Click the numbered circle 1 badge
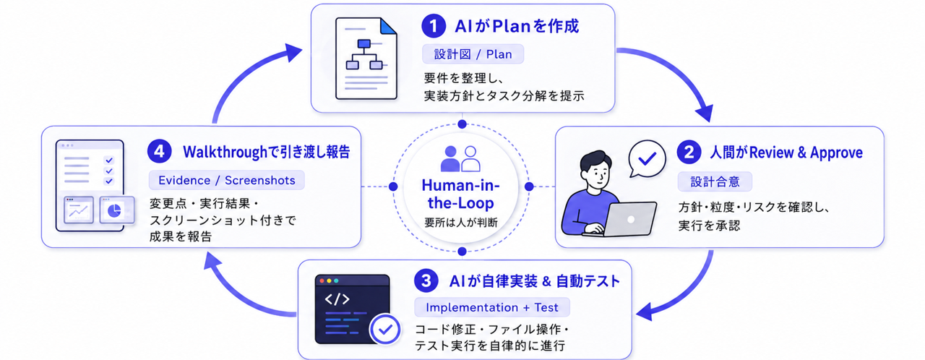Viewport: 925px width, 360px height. click(x=433, y=26)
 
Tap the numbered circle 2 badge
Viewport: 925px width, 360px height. click(x=689, y=152)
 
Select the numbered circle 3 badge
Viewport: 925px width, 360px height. click(x=426, y=280)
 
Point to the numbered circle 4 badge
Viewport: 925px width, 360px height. click(x=160, y=152)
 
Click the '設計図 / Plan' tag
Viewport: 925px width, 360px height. click(x=473, y=54)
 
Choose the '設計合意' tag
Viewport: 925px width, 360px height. click(x=715, y=181)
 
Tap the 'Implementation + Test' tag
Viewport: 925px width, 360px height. click(x=492, y=307)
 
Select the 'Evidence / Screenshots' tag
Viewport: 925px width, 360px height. click(x=227, y=181)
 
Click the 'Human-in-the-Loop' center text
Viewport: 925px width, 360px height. click(x=461, y=194)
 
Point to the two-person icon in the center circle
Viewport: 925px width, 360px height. click(x=460, y=158)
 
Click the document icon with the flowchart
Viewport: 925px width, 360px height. click(x=366, y=59)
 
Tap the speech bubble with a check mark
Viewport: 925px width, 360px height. click(x=647, y=159)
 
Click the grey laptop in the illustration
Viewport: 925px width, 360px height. click(x=629, y=219)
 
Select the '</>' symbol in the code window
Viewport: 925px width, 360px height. click(x=337, y=299)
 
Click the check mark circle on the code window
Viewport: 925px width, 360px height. click(x=385, y=330)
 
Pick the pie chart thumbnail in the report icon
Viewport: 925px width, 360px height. click(x=116, y=210)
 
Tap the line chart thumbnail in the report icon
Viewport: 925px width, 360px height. click(x=79, y=210)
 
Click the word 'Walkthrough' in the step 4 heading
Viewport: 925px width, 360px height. click(x=225, y=152)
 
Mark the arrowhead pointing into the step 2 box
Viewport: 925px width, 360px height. click(x=705, y=113)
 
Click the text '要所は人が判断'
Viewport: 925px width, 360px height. click(x=461, y=223)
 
